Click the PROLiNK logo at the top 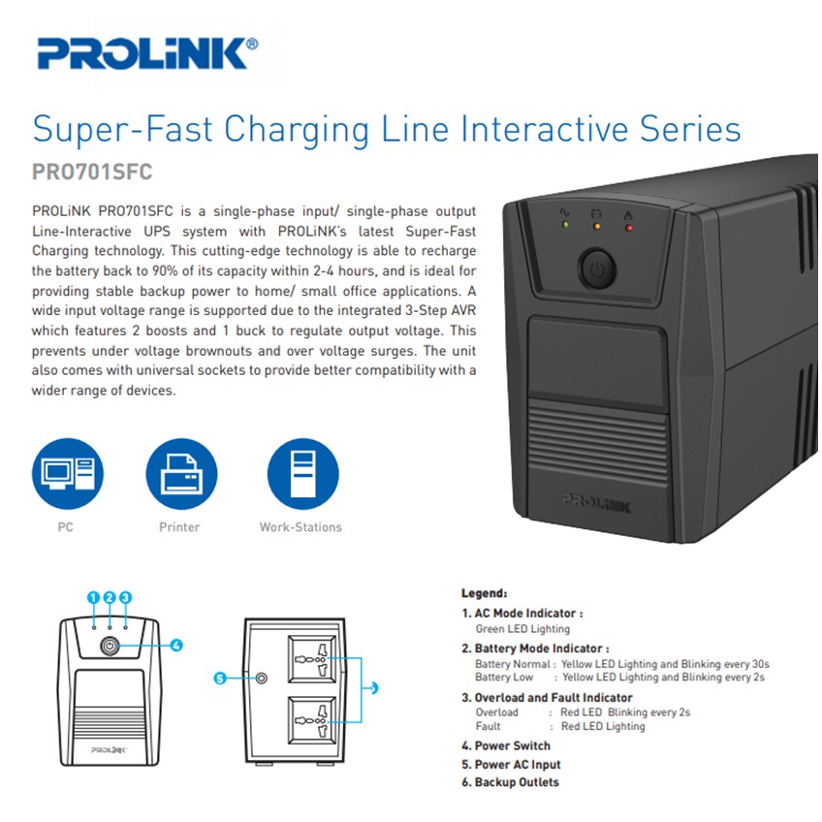147,53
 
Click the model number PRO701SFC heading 92,172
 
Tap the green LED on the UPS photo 565,224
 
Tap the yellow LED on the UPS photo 596,227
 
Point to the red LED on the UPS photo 628,228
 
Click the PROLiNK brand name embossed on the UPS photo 596,503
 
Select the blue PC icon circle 68,474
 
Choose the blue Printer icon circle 181,474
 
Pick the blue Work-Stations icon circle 303,474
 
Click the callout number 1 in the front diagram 93,598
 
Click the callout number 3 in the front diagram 125,598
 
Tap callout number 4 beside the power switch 176,646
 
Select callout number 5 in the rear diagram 220,679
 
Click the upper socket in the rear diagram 312,658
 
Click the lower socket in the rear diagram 312,720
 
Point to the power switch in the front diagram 110,646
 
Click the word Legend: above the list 484,593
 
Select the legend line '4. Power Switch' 506,745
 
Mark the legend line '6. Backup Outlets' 510,782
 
